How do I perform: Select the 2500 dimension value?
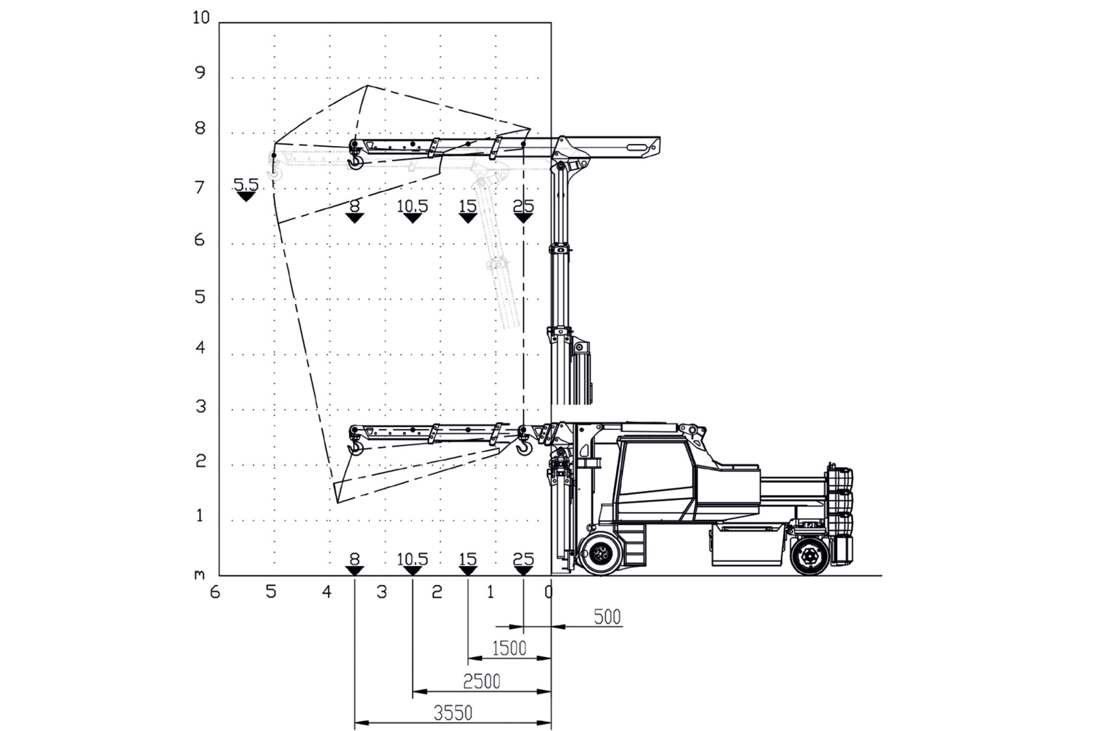tap(481, 682)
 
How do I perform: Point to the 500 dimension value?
tap(607, 617)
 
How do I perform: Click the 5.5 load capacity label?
tap(246, 185)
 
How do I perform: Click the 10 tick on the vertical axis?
tap(201, 18)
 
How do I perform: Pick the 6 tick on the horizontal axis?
tap(215, 592)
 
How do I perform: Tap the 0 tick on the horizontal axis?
tap(549, 592)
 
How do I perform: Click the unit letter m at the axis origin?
tap(200, 575)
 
